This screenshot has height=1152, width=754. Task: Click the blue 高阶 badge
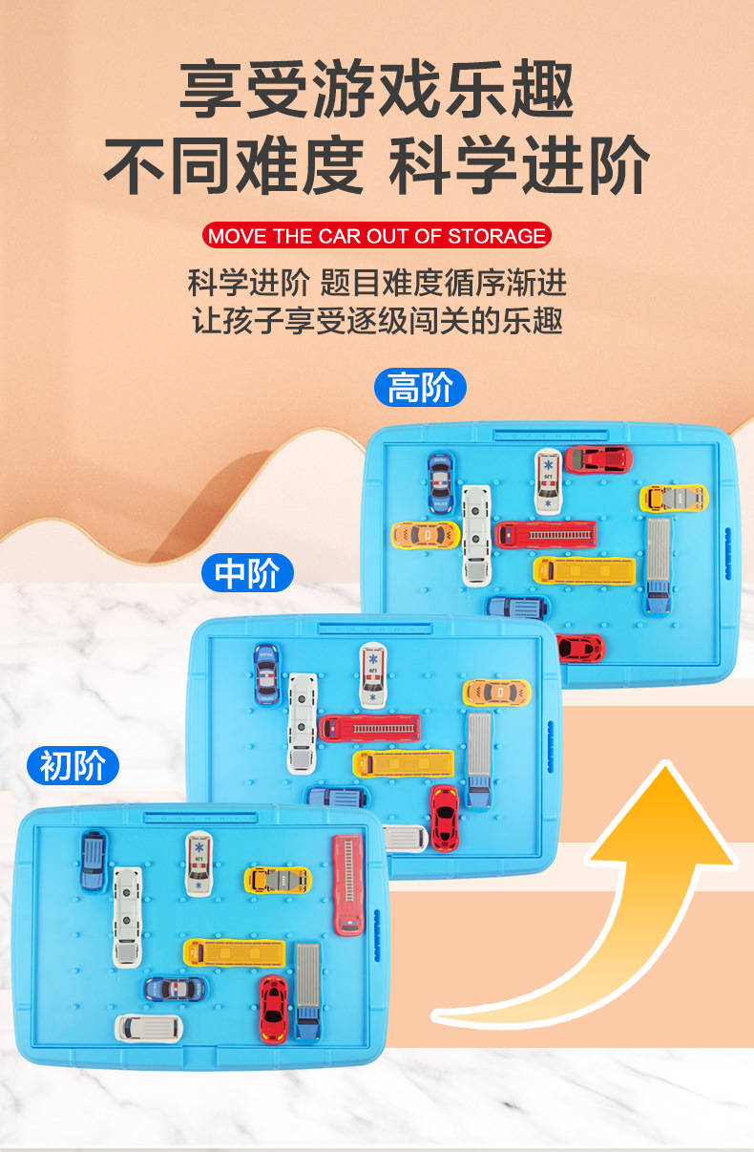click(x=421, y=388)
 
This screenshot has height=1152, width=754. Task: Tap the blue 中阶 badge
click(x=247, y=573)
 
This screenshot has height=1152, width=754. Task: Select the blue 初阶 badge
click(x=73, y=765)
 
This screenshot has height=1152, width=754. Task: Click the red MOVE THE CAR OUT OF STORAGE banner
click(x=377, y=236)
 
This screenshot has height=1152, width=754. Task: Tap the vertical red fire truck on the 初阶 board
click(x=348, y=885)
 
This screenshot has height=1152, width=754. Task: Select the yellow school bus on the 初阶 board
click(x=235, y=952)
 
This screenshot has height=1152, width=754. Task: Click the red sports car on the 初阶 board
click(x=273, y=1008)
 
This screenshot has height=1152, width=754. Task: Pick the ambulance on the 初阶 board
click(x=199, y=864)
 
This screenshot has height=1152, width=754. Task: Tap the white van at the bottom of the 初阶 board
click(x=149, y=1028)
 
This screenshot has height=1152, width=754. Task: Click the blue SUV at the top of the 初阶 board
click(x=94, y=860)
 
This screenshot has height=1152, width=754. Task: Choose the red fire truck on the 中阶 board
click(x=369, y=728)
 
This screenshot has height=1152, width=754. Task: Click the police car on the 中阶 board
click(x=266, y=672)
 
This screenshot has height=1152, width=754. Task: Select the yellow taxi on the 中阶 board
click(x=496, y=693)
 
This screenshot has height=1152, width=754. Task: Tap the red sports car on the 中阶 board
click(x=444, y=818)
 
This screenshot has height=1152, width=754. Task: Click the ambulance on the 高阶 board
click(x=548, y=480)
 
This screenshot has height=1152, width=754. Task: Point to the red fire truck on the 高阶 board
click(x=546, y=534)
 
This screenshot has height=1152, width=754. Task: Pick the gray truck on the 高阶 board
click(x=658, y=564)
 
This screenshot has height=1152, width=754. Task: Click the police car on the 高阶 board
click(x=441, y=482)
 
